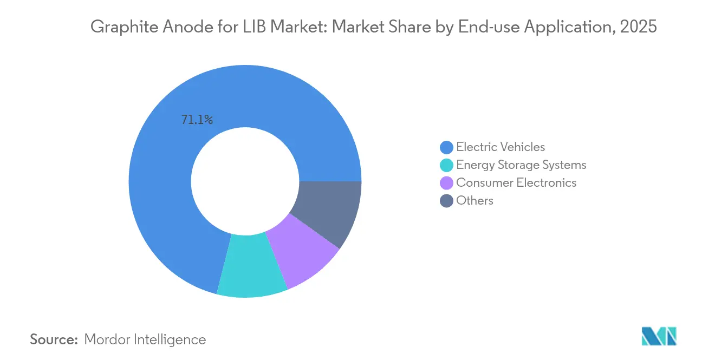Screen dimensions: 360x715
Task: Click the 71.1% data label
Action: click(x=197, y=120)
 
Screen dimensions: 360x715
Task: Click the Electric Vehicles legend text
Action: click(x=500, y=147)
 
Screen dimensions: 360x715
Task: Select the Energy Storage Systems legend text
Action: click(x=521, y=165)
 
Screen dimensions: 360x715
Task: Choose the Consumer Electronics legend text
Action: click(x=516, y=182)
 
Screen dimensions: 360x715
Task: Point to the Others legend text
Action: click(x=474, y=200)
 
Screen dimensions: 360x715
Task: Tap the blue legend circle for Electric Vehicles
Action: click(x=446, y=147)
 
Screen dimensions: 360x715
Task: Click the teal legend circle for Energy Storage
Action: click(x=446, y=165)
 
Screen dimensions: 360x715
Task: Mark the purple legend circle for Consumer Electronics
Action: click(x=446, y=182)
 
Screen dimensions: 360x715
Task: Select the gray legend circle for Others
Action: click(x=446, y=201)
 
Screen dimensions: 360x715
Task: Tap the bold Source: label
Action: click(x=54, y=339)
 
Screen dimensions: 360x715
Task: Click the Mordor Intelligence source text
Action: click(x=145, y=339)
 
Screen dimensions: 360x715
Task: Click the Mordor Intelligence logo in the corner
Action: click(x=659, y=336)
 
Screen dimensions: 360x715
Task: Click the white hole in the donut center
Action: click(x=245, y=181)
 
